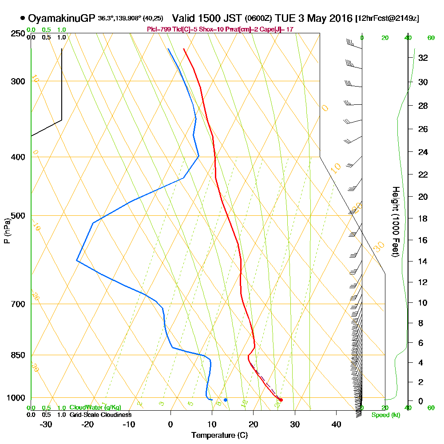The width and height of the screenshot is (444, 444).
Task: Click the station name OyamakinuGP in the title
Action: tap(61, 18)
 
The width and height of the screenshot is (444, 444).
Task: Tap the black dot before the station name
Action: tap(23, 18)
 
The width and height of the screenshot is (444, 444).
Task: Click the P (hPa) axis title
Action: tap(7, 230)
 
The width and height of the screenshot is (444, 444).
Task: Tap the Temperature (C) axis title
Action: tap(219, 435)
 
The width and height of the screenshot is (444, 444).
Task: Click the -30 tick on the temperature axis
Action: tap(46, 424)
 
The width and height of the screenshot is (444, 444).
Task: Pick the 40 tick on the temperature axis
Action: tap(336, 424)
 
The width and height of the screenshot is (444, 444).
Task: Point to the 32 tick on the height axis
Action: tap(423, 58)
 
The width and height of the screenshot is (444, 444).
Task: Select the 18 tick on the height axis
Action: tap(423, 218)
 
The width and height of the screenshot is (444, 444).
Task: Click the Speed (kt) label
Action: tap(385, 415)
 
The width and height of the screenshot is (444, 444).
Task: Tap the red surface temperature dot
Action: tap(281, 400)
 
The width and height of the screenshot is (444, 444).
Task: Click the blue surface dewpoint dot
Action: tap(226, 400)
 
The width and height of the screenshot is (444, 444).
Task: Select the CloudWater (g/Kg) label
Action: tap(95, 408)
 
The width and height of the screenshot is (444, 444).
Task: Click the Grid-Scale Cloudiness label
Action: tap(100, 415)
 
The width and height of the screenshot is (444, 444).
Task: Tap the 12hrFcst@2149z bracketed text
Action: tap(387, 19)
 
